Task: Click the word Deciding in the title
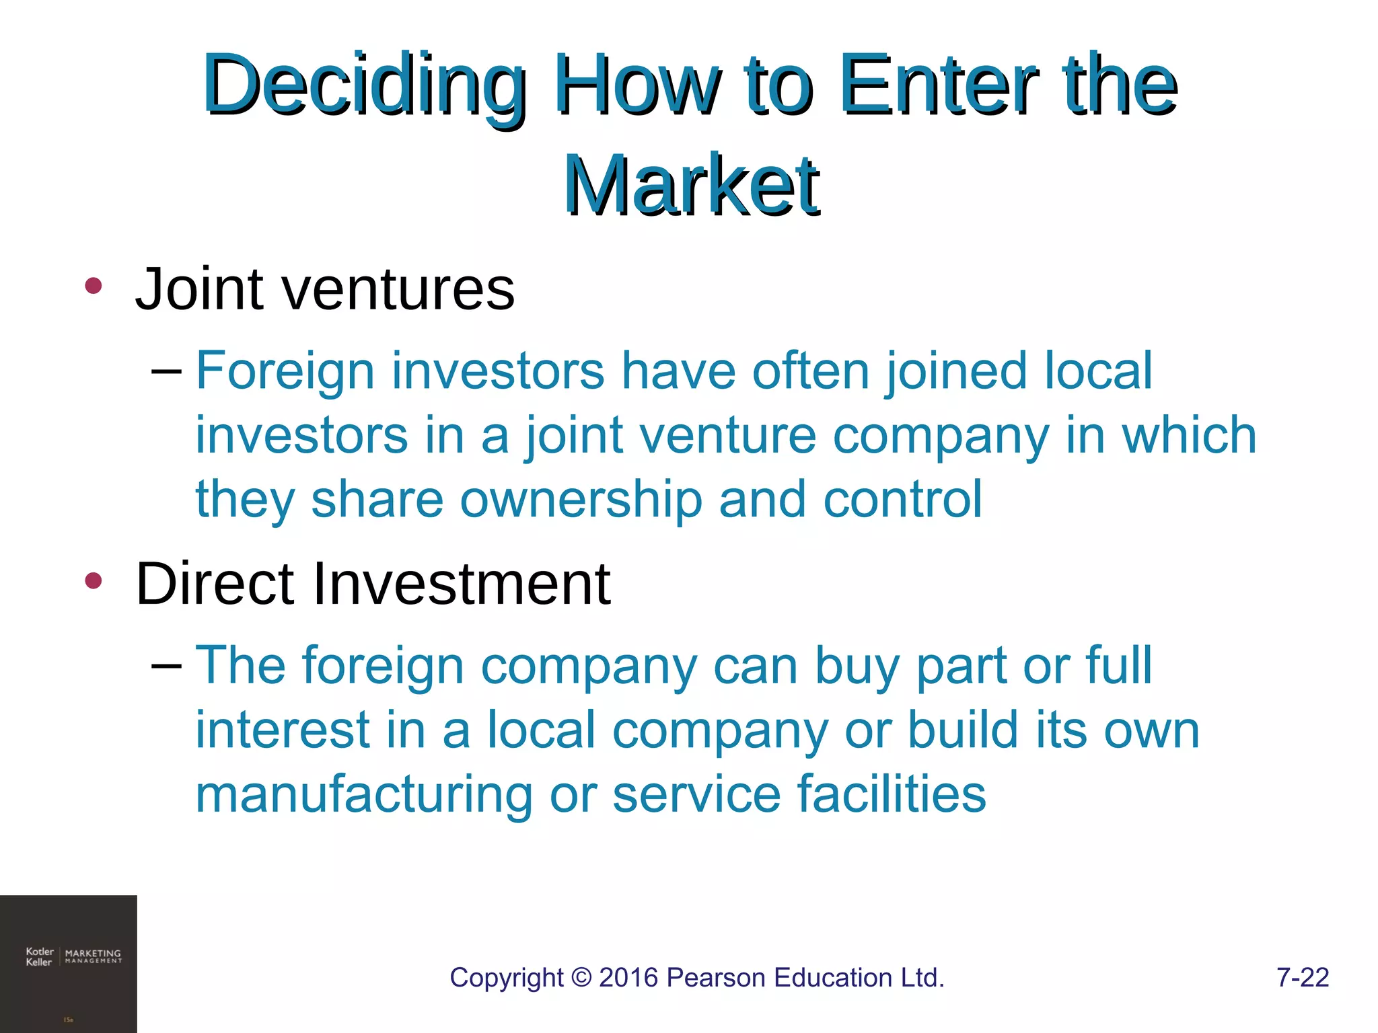(x=364, y=85)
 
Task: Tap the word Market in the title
(x=692, y=184)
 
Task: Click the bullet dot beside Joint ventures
(x=94, y=286)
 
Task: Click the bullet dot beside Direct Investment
(x=94, y=580)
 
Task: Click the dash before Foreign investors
(x=166, y=371)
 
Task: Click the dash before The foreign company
(x=166, y=665)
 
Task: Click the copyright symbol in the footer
(x=581, y=978)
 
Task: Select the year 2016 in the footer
(x=628, y=978)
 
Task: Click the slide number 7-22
(x=1303, y=978)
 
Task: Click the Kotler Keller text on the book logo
(x=39, y=956)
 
